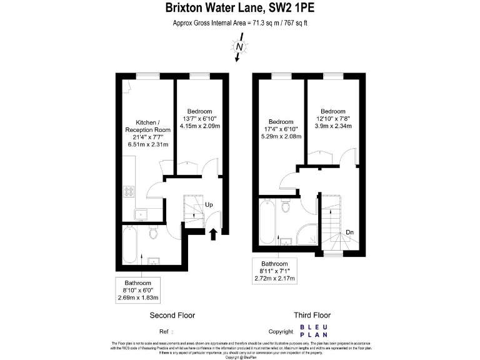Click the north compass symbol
tap(239, 46)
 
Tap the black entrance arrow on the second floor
tap(213, 234)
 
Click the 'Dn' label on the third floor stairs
tap(350, 232)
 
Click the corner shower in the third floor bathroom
tap(307, 235)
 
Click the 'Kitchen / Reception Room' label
tap(149, 126)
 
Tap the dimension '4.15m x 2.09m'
tap(197, 126)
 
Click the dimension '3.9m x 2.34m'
tap(333, 126)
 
